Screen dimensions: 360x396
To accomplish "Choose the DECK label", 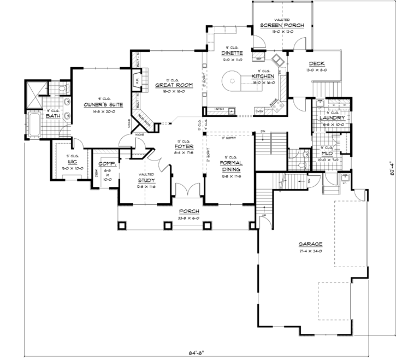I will [x=317, y=64].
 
